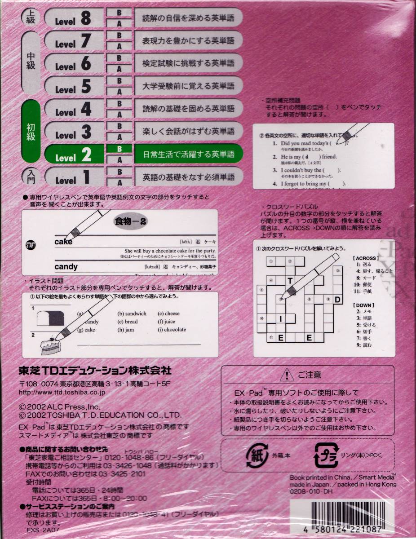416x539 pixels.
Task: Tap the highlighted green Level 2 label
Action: [x=74, y=155]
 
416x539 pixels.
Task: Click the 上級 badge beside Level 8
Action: [x=31, y=18]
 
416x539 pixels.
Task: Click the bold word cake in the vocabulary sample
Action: [x=63, y=242]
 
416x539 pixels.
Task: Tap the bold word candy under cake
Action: [x=66, y=267]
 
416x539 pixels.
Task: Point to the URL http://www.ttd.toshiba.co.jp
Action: [x=62, y=392]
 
